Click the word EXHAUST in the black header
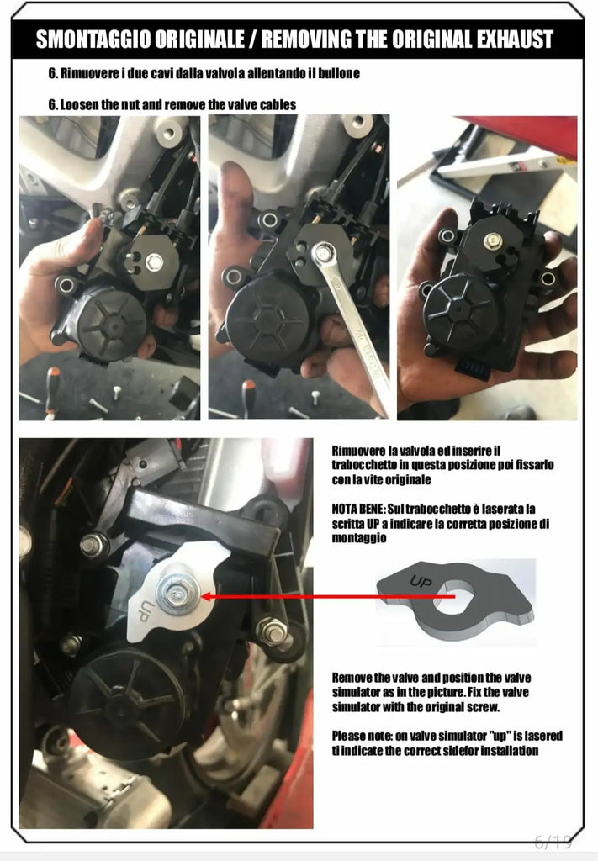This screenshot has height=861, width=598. [x=515, y=40]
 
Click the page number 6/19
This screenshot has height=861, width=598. [x=553, y=841]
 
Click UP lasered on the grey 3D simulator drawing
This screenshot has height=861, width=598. [x=421, y=581]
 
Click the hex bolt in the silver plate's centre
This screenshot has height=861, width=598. [x=178, y=592]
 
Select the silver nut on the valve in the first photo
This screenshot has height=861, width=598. [x=154, y=262]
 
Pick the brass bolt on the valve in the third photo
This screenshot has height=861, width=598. [x=493, y=240]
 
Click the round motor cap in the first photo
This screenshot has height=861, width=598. [x=112, y=324]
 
